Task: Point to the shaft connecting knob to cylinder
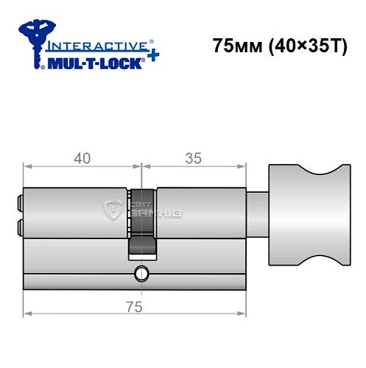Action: click(x=257, y=213)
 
